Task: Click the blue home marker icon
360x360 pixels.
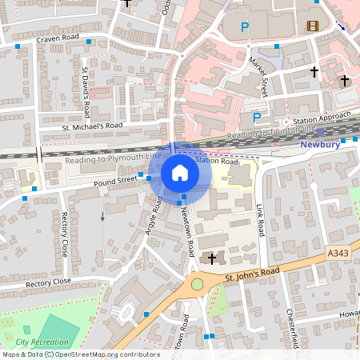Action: [x=180, y=173]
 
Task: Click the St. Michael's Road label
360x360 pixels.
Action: [x=92, y=126]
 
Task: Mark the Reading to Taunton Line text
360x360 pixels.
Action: [x=272, y=134]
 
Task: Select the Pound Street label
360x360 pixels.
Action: [x=116, y=182]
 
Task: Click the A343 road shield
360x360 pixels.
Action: [x=338, y=254]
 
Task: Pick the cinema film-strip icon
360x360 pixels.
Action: [x=312, y=27]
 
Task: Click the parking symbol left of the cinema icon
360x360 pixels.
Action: [x=246, y=27]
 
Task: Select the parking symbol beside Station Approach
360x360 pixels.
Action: [x=257, y=117]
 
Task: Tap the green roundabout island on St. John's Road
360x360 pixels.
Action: [x=197, y=284]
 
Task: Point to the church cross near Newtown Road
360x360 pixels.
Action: [x=211, y=258]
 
